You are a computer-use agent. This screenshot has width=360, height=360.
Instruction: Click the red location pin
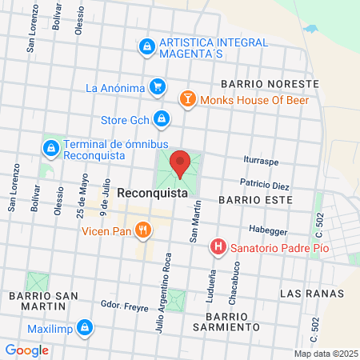(x=180, y=162)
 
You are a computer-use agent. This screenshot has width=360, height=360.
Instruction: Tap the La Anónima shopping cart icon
(x=158, y=87)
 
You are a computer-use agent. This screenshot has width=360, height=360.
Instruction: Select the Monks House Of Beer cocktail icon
(x=186, y=99)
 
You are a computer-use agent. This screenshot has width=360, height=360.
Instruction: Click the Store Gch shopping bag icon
(x=162, y=119)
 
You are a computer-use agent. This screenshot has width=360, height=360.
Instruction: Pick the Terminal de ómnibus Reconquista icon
(x=50, y=149)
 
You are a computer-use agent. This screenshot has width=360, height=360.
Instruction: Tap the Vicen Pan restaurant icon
(x=143, y=232)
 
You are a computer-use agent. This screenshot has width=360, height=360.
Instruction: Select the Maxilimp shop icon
(x=84, y=326)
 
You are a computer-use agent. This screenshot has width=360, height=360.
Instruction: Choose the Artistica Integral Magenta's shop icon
(x=146, y=48)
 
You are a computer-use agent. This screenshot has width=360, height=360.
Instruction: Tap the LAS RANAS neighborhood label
(x=312, y=294)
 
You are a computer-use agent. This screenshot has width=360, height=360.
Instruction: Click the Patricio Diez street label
(x=264, y=185)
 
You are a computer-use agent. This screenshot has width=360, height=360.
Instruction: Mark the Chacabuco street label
(x=238, y=282)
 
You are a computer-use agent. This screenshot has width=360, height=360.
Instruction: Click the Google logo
(x=27, y=350)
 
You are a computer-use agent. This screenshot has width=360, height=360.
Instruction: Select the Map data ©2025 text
(x=325, y=354)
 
